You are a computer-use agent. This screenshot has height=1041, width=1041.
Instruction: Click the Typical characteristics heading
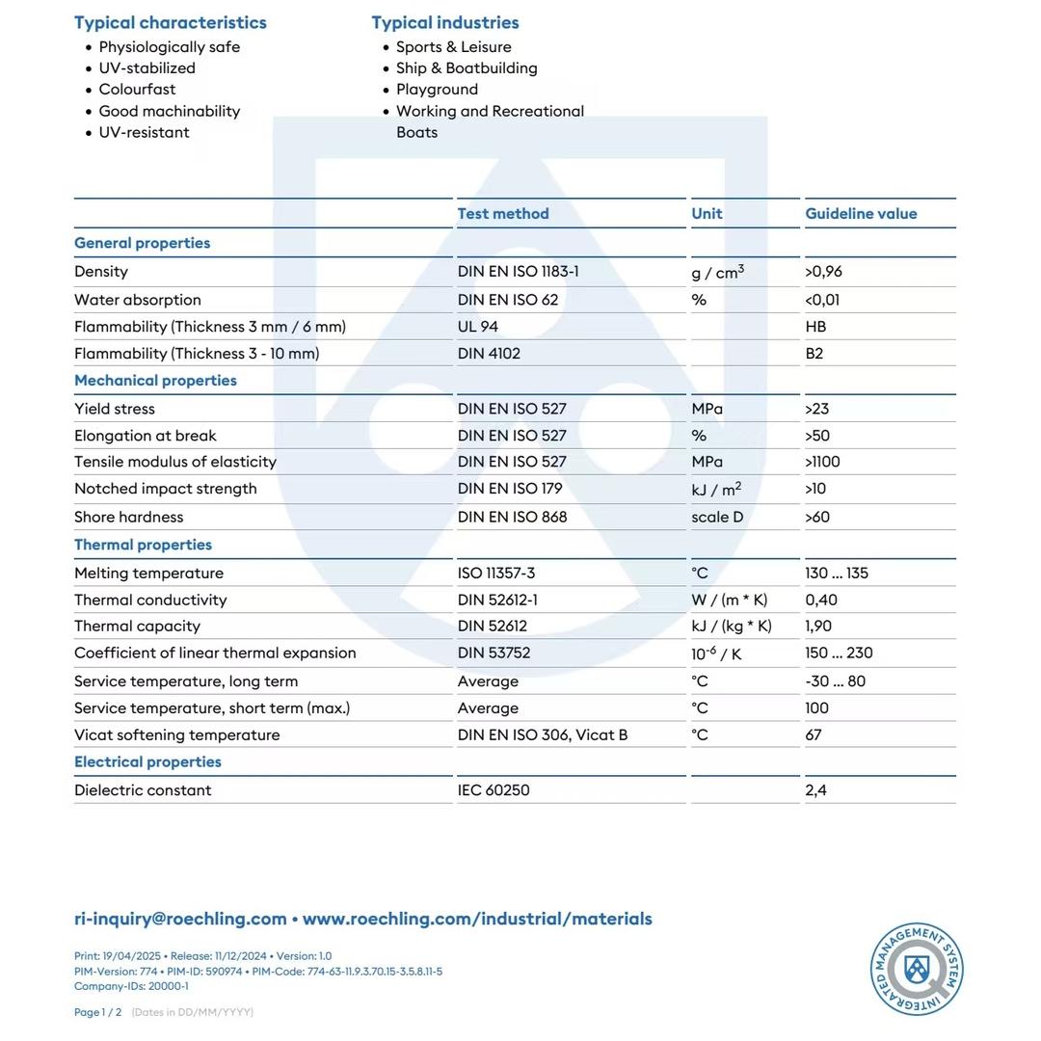click(171, 22)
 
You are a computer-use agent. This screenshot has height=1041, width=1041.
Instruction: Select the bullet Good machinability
click(169, 111)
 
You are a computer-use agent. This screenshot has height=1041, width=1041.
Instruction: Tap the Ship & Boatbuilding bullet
click(467, 68)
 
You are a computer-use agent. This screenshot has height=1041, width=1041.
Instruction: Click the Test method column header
click(503, 214)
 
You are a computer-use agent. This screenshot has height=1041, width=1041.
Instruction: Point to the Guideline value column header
click(861, 214)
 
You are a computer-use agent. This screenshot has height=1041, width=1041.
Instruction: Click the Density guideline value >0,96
click(823, 272)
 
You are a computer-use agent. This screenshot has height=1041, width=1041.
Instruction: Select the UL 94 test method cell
click(478, 327)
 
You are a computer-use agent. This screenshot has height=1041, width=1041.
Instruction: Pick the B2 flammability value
click(814, 354)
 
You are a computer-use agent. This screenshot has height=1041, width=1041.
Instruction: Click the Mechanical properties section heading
click(155, 381)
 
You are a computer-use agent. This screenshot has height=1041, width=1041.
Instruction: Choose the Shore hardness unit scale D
click(717, 517)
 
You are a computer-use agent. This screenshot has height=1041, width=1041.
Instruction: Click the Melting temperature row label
click(148, 574)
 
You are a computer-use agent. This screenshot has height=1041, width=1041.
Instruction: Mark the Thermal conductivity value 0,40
click(821, 600)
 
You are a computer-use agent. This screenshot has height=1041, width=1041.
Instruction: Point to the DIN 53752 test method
click(494, 653)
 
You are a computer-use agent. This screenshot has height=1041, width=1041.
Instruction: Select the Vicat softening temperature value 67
click(814, 734)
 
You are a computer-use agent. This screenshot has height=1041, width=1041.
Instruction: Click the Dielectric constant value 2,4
click(815, 790)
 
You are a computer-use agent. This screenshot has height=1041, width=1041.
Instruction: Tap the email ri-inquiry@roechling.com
click(180, 919)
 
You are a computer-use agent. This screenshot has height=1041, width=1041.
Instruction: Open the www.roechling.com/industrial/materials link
click(477, 919)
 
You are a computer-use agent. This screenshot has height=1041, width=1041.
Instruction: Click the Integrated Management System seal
click(917, 969)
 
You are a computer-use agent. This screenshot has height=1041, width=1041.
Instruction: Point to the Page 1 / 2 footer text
click(97, 1012)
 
